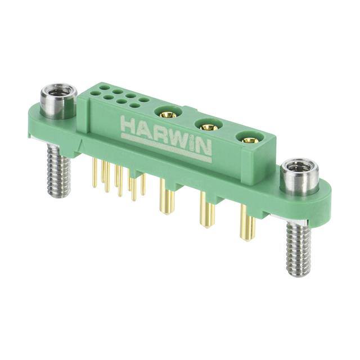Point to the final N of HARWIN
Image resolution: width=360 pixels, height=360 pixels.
pyautogui.click(x=204, y=150)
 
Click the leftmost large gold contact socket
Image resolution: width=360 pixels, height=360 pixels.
pyautogui.click(x=167, y=114)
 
